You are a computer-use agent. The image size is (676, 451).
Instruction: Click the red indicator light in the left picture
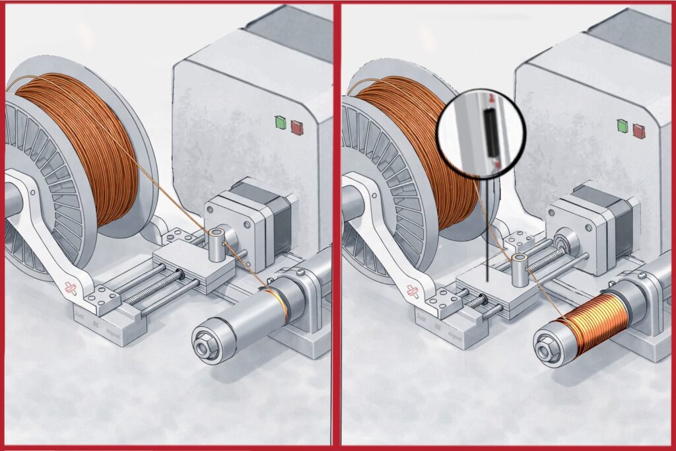point(296,127)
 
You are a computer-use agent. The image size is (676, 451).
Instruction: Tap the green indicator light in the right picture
point(622,125)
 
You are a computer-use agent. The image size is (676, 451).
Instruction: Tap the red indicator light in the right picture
point(638,130)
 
